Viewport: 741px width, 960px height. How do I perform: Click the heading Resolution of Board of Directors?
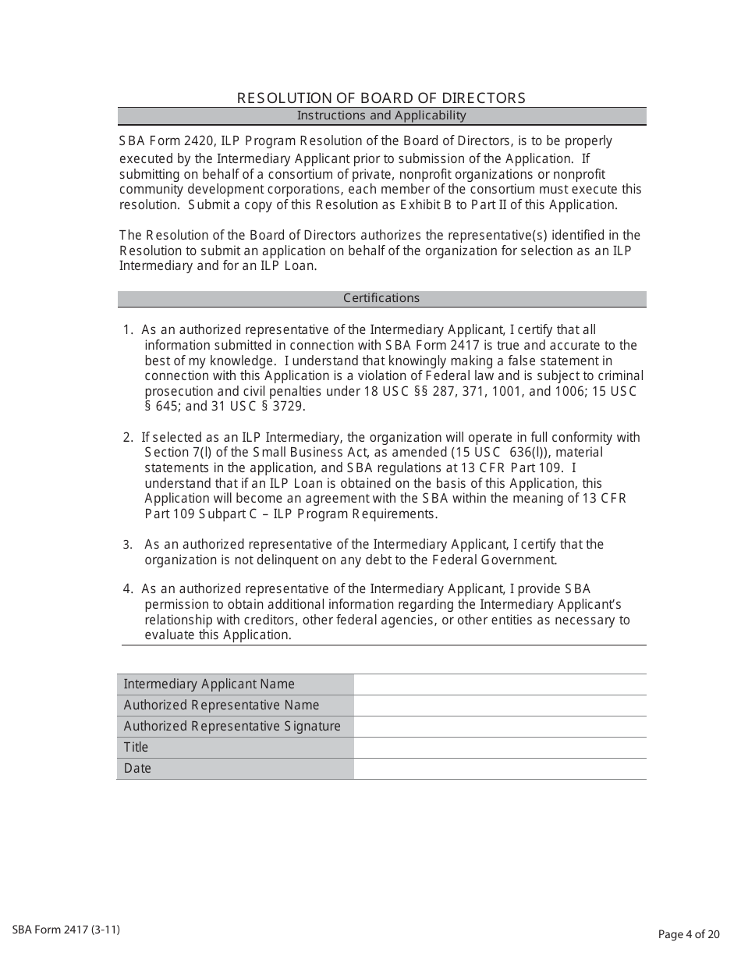point(381,98)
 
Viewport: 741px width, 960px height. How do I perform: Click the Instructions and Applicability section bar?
point(381,116)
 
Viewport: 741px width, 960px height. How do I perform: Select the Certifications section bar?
point(381,298)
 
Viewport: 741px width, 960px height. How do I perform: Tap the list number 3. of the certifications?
point(128,545)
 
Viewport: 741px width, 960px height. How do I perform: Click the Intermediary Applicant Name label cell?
point(209,684)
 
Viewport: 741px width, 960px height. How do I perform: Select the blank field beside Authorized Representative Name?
point(499,706)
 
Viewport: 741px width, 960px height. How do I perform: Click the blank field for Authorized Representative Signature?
point(499,727)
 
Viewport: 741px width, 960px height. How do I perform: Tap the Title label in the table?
point(136,748)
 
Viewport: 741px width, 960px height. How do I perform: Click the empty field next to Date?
point(499,769)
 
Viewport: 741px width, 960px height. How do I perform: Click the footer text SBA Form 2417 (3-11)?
point(66,930)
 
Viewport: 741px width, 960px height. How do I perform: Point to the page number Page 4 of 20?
point(689,934)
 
